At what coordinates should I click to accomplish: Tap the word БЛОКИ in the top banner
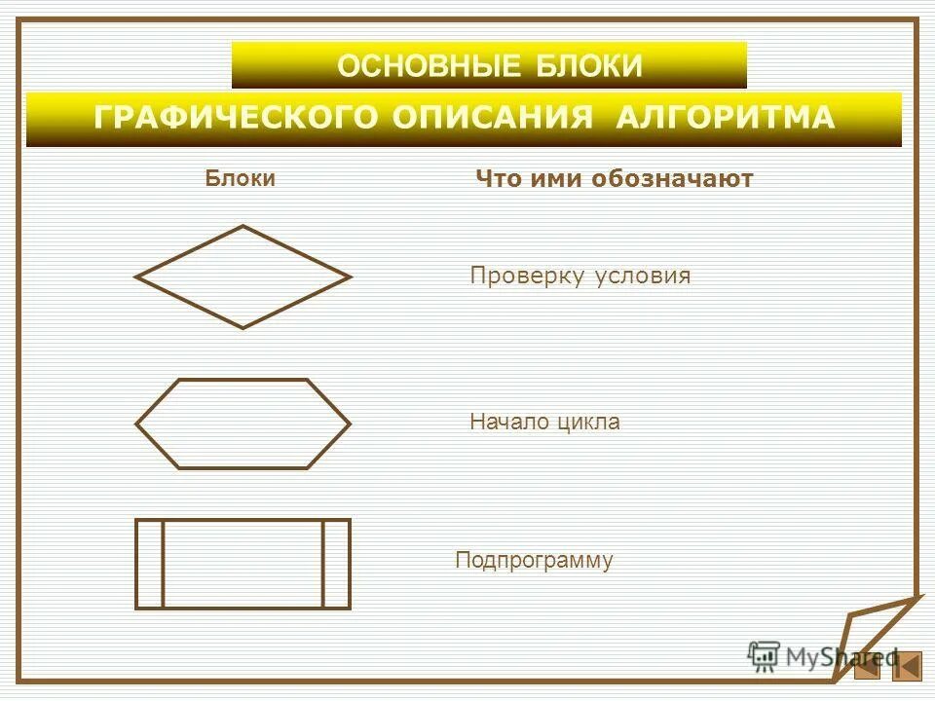(589, 66)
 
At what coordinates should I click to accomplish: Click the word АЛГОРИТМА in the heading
(726, 118)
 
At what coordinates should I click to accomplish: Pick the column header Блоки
(240, 178)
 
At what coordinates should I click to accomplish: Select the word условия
(642, 277)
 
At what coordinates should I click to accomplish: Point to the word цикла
(589, 423)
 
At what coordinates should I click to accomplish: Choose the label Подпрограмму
(534, 561)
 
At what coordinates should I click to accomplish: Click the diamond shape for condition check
(243, 277)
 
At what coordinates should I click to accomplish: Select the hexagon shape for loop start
(243, 424)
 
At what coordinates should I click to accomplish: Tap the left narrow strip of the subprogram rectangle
(149, 564)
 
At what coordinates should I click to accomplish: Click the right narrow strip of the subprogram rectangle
(335, 564)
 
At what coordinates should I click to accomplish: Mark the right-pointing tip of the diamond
(346, 277)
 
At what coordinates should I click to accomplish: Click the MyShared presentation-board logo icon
(764, 656)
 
